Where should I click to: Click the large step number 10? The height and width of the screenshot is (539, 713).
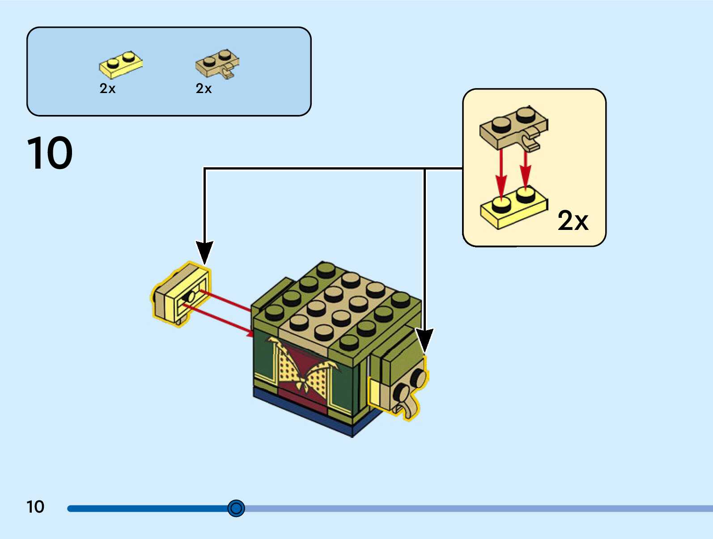[50, 153]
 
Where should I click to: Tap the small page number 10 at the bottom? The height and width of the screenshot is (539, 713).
[35, 507]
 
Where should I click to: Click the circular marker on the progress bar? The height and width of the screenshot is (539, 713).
[236, 508]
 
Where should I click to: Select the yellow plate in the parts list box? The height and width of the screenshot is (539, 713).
[120, 65]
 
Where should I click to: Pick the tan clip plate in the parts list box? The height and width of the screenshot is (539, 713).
[217, 64]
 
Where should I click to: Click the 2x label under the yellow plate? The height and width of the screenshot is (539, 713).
[107, 89]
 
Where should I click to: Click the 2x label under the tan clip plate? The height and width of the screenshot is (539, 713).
[204, 89]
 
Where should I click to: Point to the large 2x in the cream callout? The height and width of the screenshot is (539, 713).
[573, 221]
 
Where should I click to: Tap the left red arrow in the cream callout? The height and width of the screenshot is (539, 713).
[501, 174]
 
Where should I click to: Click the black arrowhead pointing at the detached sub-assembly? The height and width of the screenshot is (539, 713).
[204, 252]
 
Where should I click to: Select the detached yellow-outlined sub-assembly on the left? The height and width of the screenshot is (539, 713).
[181, 294]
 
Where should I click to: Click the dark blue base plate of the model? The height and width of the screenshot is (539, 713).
[313, 414]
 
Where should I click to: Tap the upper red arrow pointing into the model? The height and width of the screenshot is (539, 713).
[226, 301]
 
